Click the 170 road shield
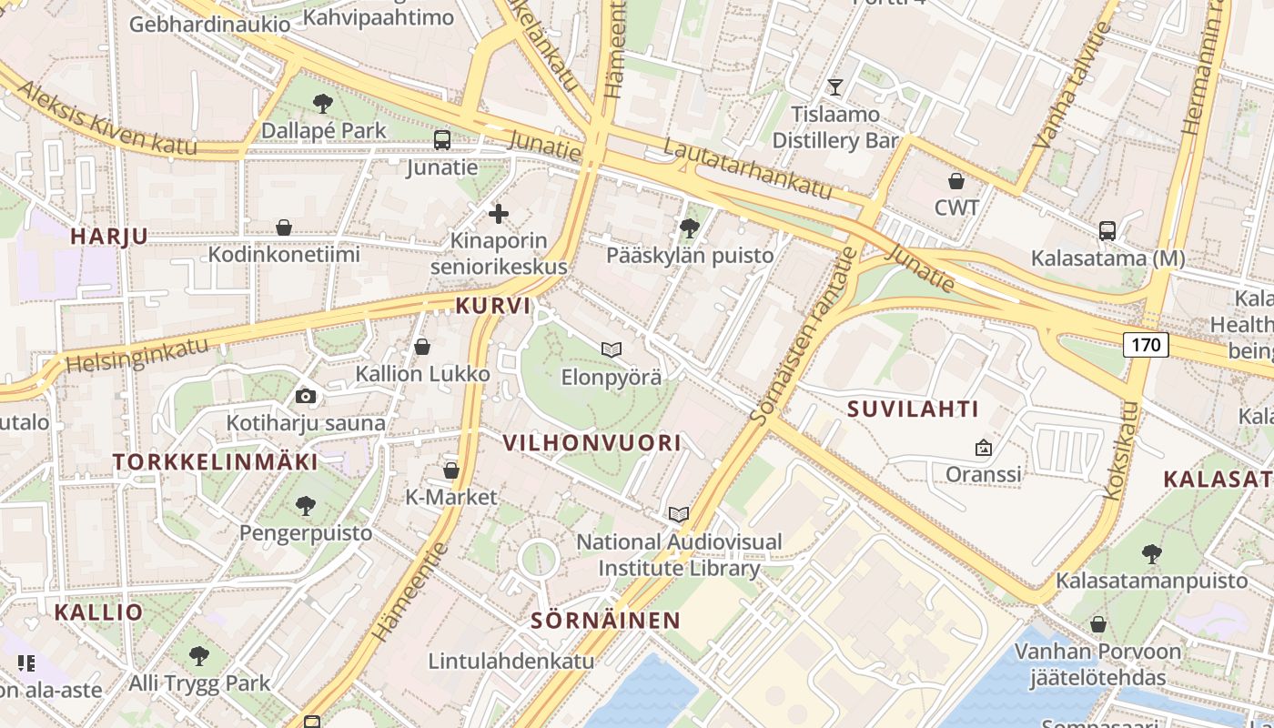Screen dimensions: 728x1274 click(1146, 345)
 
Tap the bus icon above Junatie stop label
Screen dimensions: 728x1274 click(442, 140)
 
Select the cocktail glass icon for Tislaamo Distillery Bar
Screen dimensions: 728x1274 click(835, 87)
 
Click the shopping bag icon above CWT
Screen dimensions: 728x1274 click(956, 181)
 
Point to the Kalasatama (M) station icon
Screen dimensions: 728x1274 click(1107, 231)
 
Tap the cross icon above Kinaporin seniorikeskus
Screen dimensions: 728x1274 click(499, 214)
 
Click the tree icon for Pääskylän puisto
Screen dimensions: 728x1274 click(690, 227)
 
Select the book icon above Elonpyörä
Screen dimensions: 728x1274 click(612, 349)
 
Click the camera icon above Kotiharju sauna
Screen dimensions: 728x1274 click(306, 396)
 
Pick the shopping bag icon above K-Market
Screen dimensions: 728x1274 click(450, 470)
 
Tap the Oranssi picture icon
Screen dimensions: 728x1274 click(983, 448)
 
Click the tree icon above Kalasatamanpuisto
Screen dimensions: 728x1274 click(1151, 553)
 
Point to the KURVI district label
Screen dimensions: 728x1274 click(492, 306)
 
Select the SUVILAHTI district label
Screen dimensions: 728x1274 click(913, 409)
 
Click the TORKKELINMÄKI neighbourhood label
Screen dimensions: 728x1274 click(216, 461)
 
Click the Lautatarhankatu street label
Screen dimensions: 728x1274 click(748, 168)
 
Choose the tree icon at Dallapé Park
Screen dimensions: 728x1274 click(322, 104)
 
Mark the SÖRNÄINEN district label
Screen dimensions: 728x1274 click(605, 621)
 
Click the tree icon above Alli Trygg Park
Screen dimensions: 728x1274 click(199, 655)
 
